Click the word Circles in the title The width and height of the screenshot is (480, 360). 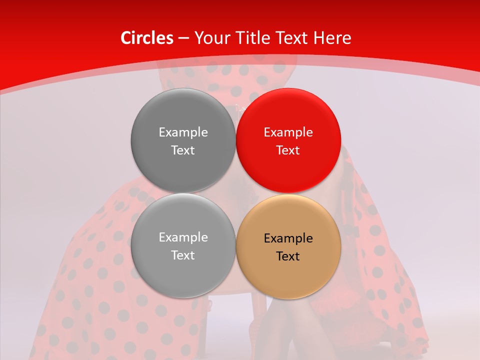[146, 38]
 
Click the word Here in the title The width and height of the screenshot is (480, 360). [333, 38]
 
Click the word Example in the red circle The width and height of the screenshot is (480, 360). [288, 132]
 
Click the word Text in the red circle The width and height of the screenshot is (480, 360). [288, 150]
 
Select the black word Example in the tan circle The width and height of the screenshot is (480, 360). [288, 238]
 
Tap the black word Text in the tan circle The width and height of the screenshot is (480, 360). [288, 256]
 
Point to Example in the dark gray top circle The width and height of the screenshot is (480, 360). [183, 132]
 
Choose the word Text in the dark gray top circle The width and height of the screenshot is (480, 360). [183, 150]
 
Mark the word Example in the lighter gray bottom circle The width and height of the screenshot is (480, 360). [183, 237]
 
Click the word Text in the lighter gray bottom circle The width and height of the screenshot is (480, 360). [183, 255]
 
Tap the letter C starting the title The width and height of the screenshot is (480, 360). [126, 38]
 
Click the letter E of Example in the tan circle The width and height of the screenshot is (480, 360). [267, 238]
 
